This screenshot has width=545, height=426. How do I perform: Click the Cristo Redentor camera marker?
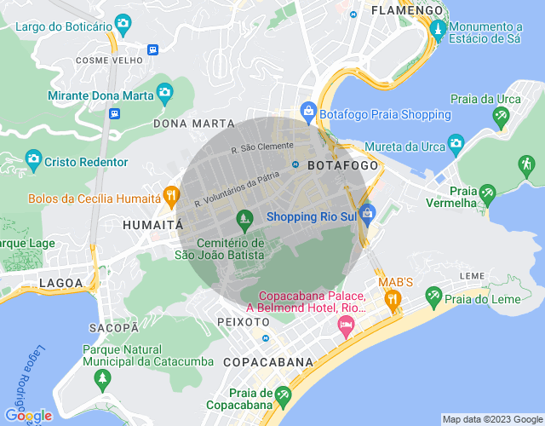pyautogui.click(x=33, y=159)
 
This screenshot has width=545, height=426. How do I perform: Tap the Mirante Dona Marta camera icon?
pyautogui.click(x=163, y=92)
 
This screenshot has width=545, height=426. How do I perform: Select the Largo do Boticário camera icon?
pyautogui.click(x=123, y=22)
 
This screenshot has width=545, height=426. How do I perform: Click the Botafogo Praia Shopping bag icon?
pyautogui.click(x=307, y=111)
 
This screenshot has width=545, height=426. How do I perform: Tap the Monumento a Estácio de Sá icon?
pyautogui.click(x=438, y=31)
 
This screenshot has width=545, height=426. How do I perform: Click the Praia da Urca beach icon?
pyautogui.click(x=503, y=117)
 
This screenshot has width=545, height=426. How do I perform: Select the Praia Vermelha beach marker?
pyautogui.click(x=487, y=195)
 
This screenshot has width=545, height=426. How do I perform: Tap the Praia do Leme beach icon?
pyautogui.click(x=433, y=296)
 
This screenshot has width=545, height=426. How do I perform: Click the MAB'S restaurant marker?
pyautogui.click(x=393, y=299)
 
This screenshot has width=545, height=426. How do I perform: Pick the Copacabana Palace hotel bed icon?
pyautogui.click(x=346, y=325)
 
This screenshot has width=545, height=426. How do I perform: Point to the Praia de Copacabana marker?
pyautogui.click(x=283, y=396)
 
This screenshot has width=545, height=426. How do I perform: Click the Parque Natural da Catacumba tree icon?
pyautogui.click(x=103, y=377)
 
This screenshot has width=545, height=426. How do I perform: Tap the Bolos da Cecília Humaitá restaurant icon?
pyautogui.click(x=171, y=196)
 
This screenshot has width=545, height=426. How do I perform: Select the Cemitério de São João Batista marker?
pyautogui.click(x=244, y=220)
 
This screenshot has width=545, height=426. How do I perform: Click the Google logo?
pyautogui.click(x=28, y=415)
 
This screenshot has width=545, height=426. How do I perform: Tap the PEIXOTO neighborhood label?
pyautogui.click(x=244, y=322)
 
